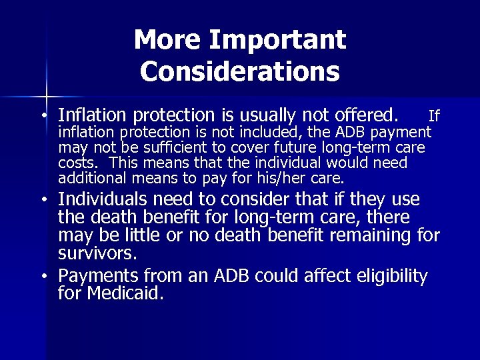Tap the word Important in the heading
277,41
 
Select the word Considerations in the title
240,71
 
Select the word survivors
97,253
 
